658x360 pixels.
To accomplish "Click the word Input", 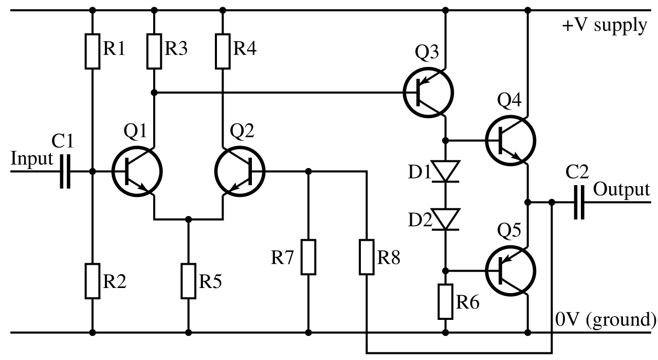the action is click(32, 159).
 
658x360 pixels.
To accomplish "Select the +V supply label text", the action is click(605, 26).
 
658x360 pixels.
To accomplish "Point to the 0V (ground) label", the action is click(605, 319).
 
